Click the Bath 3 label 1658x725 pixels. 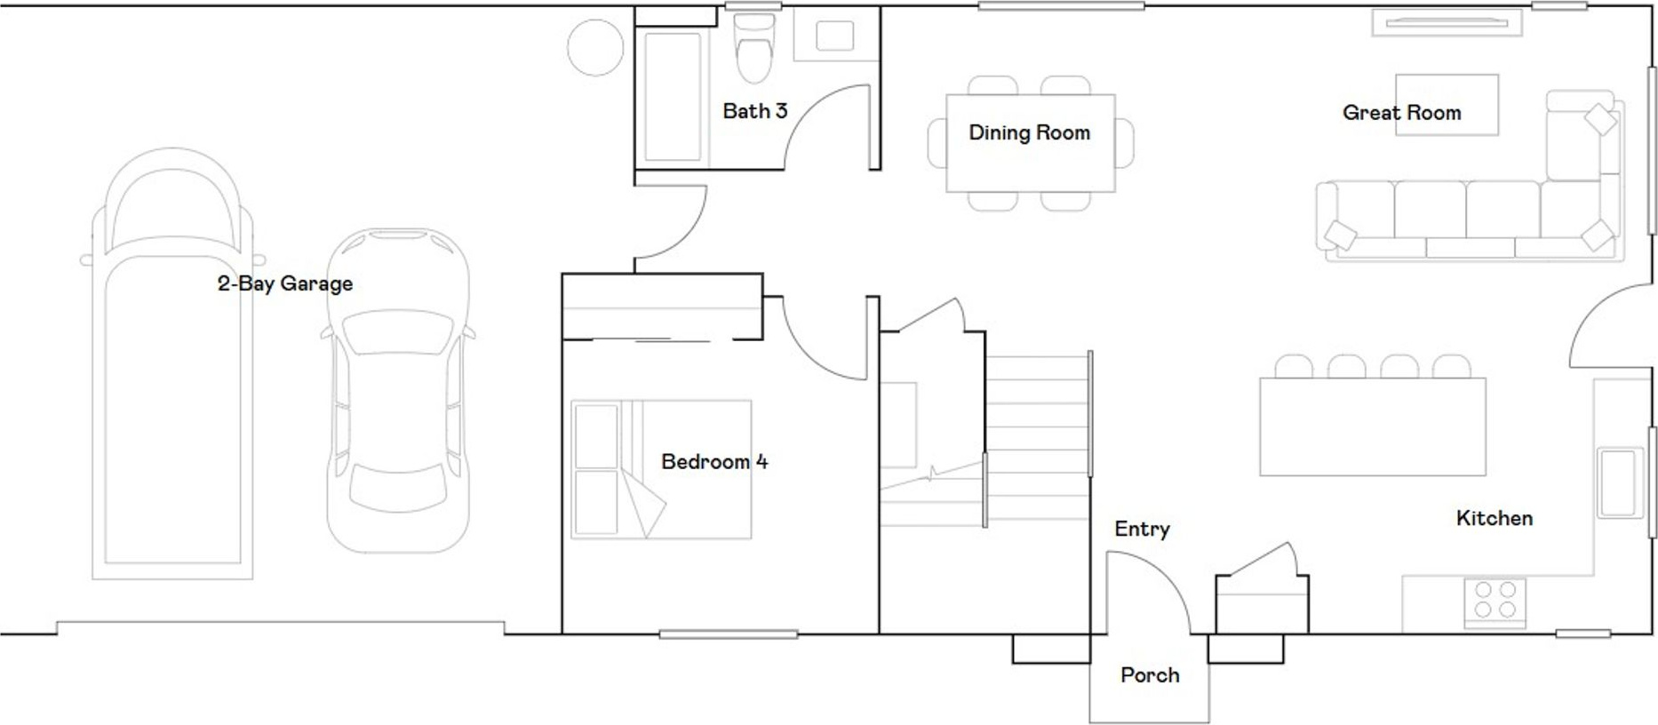754,111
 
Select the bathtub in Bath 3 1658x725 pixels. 673,98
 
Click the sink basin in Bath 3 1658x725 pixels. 834,36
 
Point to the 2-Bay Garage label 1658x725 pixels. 285,283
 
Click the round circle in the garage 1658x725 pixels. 595,48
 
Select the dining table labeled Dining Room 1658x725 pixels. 1031,143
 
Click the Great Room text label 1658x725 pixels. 1401,113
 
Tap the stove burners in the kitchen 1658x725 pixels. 1495,600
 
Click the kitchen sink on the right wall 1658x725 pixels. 1619,483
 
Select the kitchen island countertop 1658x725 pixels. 1373,426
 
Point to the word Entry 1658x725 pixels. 1142,530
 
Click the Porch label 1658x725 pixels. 1150,675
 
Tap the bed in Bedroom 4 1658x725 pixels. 661,469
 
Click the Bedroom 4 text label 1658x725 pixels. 714,462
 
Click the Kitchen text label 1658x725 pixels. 1495,519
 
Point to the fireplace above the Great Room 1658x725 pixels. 1447,22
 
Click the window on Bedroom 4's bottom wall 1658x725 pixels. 729,634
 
